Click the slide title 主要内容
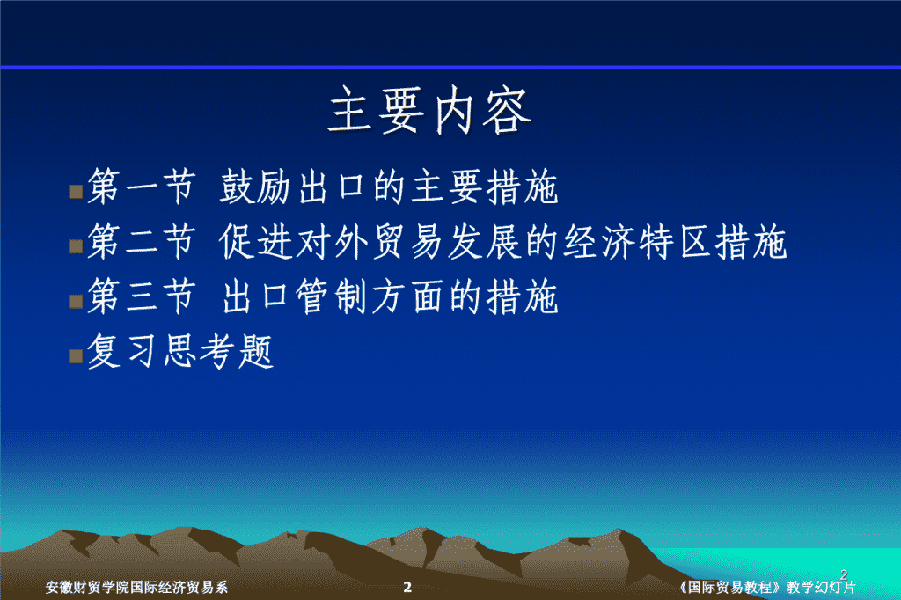(x=429, y=110)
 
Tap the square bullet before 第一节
(x=76, y=192)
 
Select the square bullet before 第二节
(x=76, y=246)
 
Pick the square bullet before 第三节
(x=76, y=301)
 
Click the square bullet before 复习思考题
(x=76, y=356)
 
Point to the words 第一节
(x=142, y=187)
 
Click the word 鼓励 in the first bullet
(x=256, y=187)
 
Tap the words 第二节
(x=142, y=241)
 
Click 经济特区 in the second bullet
(x=637, y=241)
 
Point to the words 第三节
(x=142, y=296)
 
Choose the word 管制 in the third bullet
(x=332, y=296)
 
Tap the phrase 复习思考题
(x=180, y=351)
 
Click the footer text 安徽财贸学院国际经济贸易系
(x=136, y=587)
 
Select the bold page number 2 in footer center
(x=407, y=587)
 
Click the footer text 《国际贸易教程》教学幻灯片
(x=766, y=587)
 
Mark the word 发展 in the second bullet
(x=484, y=241)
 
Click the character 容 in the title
(x=507, y=112)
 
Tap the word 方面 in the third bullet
(x=407, y=296)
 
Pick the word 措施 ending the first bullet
(x=523, y=187)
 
